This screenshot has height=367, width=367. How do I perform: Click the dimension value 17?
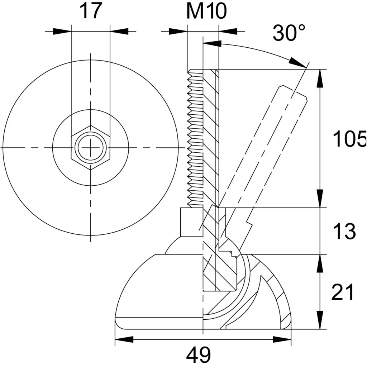(x=91, y=11)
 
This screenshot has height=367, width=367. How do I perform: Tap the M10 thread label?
(x=206, y=11)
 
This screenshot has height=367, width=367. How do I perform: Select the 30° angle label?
(x=289, y=32)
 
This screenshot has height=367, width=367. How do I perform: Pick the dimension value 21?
(x=343, y=292)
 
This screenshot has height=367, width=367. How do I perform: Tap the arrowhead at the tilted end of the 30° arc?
(x=297, y=62)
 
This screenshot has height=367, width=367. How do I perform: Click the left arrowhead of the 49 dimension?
(x=124, y=339)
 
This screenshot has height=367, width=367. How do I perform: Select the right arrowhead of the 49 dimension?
(x=282, y=339)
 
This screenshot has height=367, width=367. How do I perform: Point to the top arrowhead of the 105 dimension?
(x=320, y=78)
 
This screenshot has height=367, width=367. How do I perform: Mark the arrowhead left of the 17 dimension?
(x=62, y=31)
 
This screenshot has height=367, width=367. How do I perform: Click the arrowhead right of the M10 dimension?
(x=228, y=31)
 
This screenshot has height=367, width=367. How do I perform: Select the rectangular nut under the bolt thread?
(x=192, y=222)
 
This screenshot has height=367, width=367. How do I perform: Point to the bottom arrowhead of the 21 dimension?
(x=320, y=320)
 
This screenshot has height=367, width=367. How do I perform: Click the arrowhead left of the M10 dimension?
(x=178, y=31)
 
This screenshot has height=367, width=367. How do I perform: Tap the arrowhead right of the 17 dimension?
(x=119, y=31)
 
